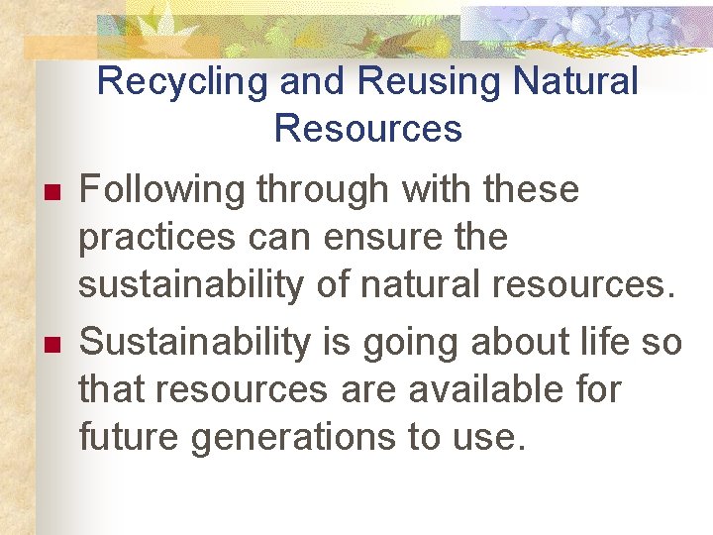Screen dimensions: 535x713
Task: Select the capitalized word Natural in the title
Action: tap(575, 82)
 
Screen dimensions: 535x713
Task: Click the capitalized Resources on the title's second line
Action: tap(367, 129)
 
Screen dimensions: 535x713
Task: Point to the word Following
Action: tap(161, 189)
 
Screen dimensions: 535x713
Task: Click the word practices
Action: tap(157, 239)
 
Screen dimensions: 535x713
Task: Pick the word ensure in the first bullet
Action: tap(364, 239)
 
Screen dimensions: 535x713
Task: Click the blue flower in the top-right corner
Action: tap(584, 28)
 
